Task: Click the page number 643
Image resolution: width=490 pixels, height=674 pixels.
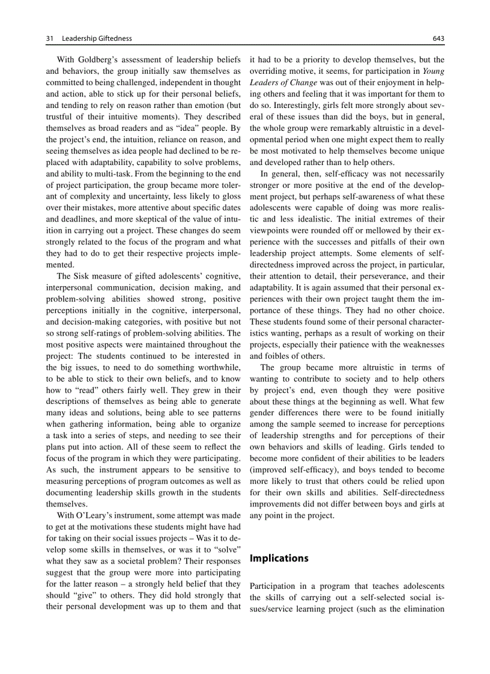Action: tap(438, 38)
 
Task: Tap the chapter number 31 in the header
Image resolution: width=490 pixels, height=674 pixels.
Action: tap(50, 38)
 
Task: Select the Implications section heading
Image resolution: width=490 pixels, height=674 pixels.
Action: tap(279, 558)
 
